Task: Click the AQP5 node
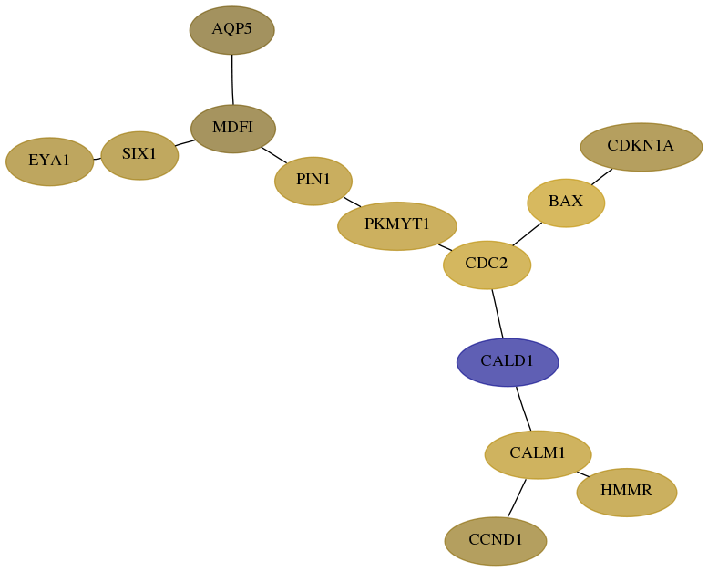click(x=232, y=30)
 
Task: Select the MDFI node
click(x=233, y=129)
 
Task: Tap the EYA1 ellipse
click(x=50, y=161)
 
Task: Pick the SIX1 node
click(x=139, y=156)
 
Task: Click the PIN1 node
click(x=313, y=181)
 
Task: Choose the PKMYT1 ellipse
click(x=397, y=225)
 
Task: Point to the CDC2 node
click(x=487, y=265)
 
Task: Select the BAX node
click(x=566, y=203)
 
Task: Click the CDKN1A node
click(x=641, y=147)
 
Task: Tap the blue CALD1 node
click(x=508, y=362)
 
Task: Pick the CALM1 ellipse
click(x=538, y=454)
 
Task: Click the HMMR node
click(x=627, y=492)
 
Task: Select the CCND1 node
click(x=496, y=541)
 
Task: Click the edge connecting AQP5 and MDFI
click(x=232, y=79)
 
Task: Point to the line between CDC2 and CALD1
click(x=498, y=313)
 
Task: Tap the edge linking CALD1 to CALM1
click(x=523, y=409)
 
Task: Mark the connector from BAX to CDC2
click(x=528, y=234)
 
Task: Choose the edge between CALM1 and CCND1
click(x=517, y=498)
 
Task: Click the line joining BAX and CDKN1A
click(x=602, y=177)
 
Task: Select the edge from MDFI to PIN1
click(x=274, y=155)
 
